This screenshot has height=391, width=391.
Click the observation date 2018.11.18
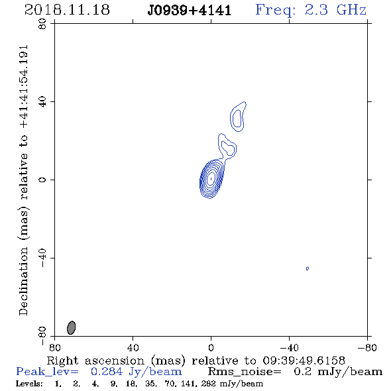pyautogui.click(x=67, y=10)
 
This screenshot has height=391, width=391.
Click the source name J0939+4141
pyautogui.click(x=190, y=11)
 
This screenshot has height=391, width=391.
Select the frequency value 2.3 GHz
pyautogui.click(x=335, y=10)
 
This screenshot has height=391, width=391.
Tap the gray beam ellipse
pyautogui.click(x=72, y=327)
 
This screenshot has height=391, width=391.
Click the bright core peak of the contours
pyautogui.click(x=211, y=178)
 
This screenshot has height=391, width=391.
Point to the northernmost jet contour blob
pyautogui.click(x=238, y=117)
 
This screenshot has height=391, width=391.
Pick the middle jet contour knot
pyautogui.click(x=227, y=146)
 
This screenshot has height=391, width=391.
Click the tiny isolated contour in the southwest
pyautogui.click(x=307, y=268)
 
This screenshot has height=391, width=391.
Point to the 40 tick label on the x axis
pyautogui.click(x=133, y=348)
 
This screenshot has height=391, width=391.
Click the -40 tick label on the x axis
pyautogui.click(x=289, y=348)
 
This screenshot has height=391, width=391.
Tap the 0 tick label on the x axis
pyautogui.click(x=211, y=348)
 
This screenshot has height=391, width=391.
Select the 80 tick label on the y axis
pyautogui.click(x=42, y=24)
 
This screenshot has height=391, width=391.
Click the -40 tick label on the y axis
pyautogui.click(x=42, y=258)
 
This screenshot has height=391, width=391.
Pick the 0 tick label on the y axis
pyautogui.click(x=42, y=180)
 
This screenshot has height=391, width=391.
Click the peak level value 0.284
pyautogui.click(x=107, y=372)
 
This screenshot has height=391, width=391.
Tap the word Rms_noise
pyautogui.click(x=245, y=372)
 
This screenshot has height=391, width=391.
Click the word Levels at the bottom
pyautogui.click(x=29, y=384)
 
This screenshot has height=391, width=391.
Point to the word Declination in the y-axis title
pyautogui.click(x=23, y=281)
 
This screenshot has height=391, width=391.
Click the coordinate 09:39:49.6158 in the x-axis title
pyautogui.click(x=304, y=361)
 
